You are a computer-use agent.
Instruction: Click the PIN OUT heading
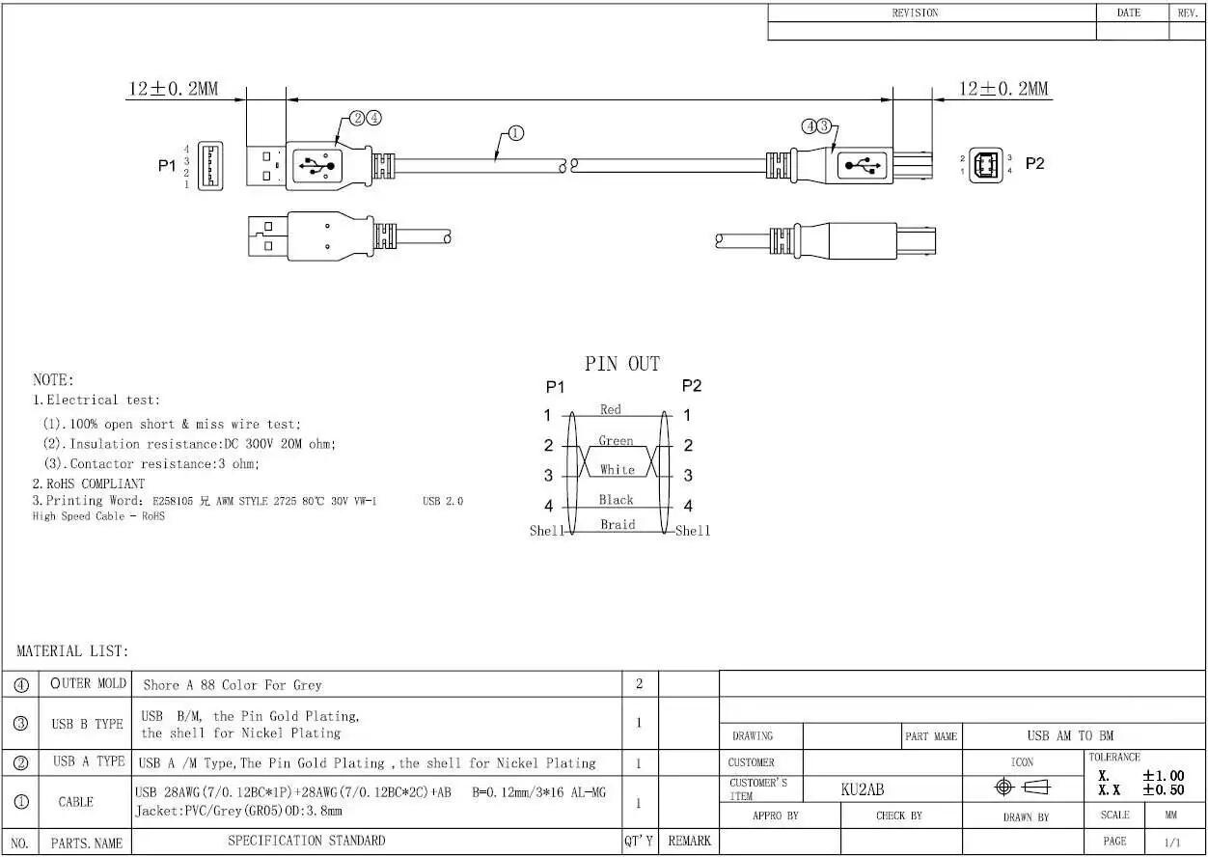coord(622,364)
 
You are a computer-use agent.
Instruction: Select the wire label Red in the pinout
coord(611,409)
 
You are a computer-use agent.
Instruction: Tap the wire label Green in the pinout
coord(616,441)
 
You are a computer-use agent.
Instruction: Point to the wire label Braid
coord(618,524)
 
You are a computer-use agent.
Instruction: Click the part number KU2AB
coord(863,789)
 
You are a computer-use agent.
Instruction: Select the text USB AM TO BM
coord(1070,735)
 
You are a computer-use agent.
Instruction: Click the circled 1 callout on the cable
coord(515,132)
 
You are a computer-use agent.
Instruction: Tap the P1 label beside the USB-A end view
coord(167,166)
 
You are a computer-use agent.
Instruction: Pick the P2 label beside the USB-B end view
coord(1035,163)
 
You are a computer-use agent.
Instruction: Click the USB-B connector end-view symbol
coord(986,165)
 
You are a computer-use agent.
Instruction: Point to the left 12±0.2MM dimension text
coord(173,89)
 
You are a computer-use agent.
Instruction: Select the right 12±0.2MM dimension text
coord(1003,89)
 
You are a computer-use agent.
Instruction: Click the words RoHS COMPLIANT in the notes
coord(96,484)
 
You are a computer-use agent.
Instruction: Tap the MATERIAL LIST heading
coord(72,651)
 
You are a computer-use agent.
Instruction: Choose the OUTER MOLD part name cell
coord(88,683)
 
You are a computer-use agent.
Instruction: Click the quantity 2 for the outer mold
coord(639,684)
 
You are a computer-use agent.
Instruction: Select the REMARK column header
coord(689,841)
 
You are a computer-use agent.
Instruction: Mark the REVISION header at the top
coord(916,13)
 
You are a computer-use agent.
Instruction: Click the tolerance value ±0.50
coord(1164,790)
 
